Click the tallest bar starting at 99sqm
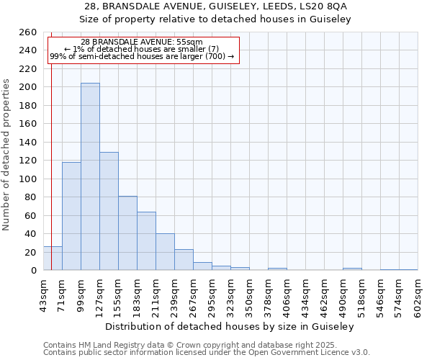(x=90, y=176)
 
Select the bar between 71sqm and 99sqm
(x=71, y=216)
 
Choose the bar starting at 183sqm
(x=146, y=240)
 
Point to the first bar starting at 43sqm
(x=53, y=258)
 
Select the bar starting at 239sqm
(x=184, y=260)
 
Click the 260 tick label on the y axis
(x=27, y=32)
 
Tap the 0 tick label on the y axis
(x=33, y=271)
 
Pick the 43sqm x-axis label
(x=43, y=294)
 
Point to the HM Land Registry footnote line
(x=205, y=345)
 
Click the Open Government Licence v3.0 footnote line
(x=207, y=353)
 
